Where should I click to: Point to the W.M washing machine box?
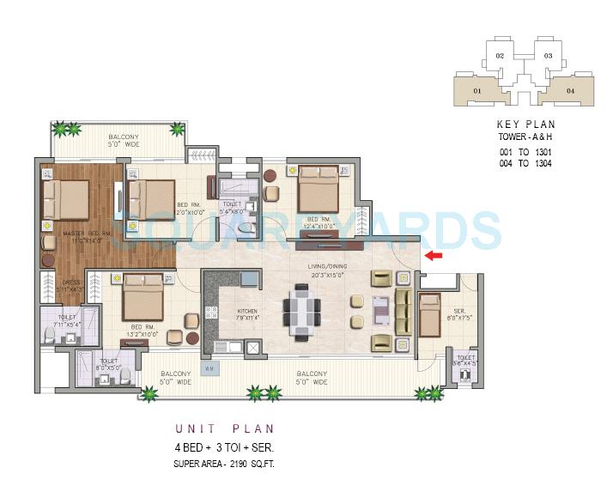coord(209,369)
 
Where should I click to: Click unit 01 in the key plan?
coord(477,89)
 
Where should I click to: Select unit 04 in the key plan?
coord(568,89)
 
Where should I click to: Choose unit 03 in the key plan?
coord(547,56)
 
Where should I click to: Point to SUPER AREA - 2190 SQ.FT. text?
coord(224,464)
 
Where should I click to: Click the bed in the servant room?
coord(428,315)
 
